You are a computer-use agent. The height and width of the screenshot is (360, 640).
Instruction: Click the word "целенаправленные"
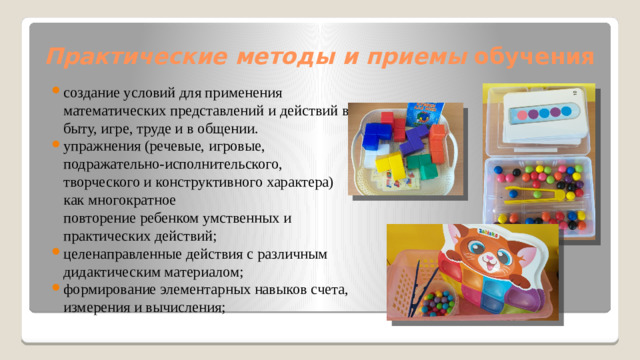point(123,253)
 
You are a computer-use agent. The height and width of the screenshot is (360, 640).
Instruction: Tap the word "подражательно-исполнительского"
point(171,165)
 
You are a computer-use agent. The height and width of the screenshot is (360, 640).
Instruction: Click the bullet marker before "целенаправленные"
point(57,253)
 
